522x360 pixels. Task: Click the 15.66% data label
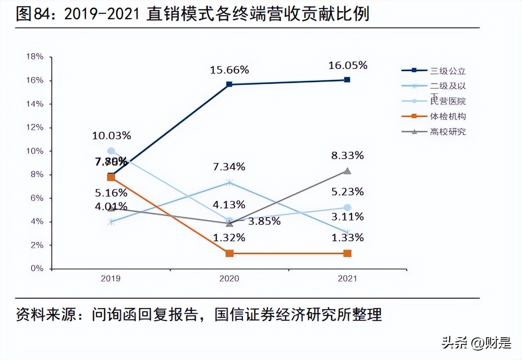click(x=229, y=70)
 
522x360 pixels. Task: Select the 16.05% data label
click(x=348, y=65)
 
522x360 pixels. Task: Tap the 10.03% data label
click(x=112, y=136)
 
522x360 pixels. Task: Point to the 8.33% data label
click(x=348, y=155)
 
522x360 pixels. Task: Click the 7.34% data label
click(x=229, y=166)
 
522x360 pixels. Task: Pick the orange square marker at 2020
click(x=229, y=253)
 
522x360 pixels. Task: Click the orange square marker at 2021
click(x=347, y=253)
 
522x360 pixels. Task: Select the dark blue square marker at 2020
click(x=229, y=84)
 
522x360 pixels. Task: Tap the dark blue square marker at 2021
click(x=347, y=80)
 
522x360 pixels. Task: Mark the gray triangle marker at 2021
click(x=347, y=171)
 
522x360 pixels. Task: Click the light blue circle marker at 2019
click(x=111, y=151)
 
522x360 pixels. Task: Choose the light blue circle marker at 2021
click(x=347, y=207)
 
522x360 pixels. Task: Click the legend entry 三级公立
click(x=448, y=71)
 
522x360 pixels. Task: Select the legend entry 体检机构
click(x=448, y=116)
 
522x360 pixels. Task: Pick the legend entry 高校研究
click(x=448, y=132)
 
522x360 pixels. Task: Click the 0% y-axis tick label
click(x=37, y=269)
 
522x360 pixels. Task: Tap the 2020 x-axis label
click(x=229, y=279)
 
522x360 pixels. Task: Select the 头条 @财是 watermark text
click(x=476, y=343)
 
